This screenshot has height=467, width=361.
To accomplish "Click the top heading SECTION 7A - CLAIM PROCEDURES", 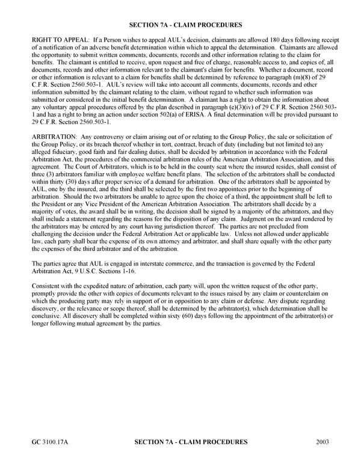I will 185,25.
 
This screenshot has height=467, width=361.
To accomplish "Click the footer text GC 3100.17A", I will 50,442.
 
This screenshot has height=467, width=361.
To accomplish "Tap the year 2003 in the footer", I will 322,442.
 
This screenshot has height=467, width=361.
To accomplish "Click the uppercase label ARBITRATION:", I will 53,138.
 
